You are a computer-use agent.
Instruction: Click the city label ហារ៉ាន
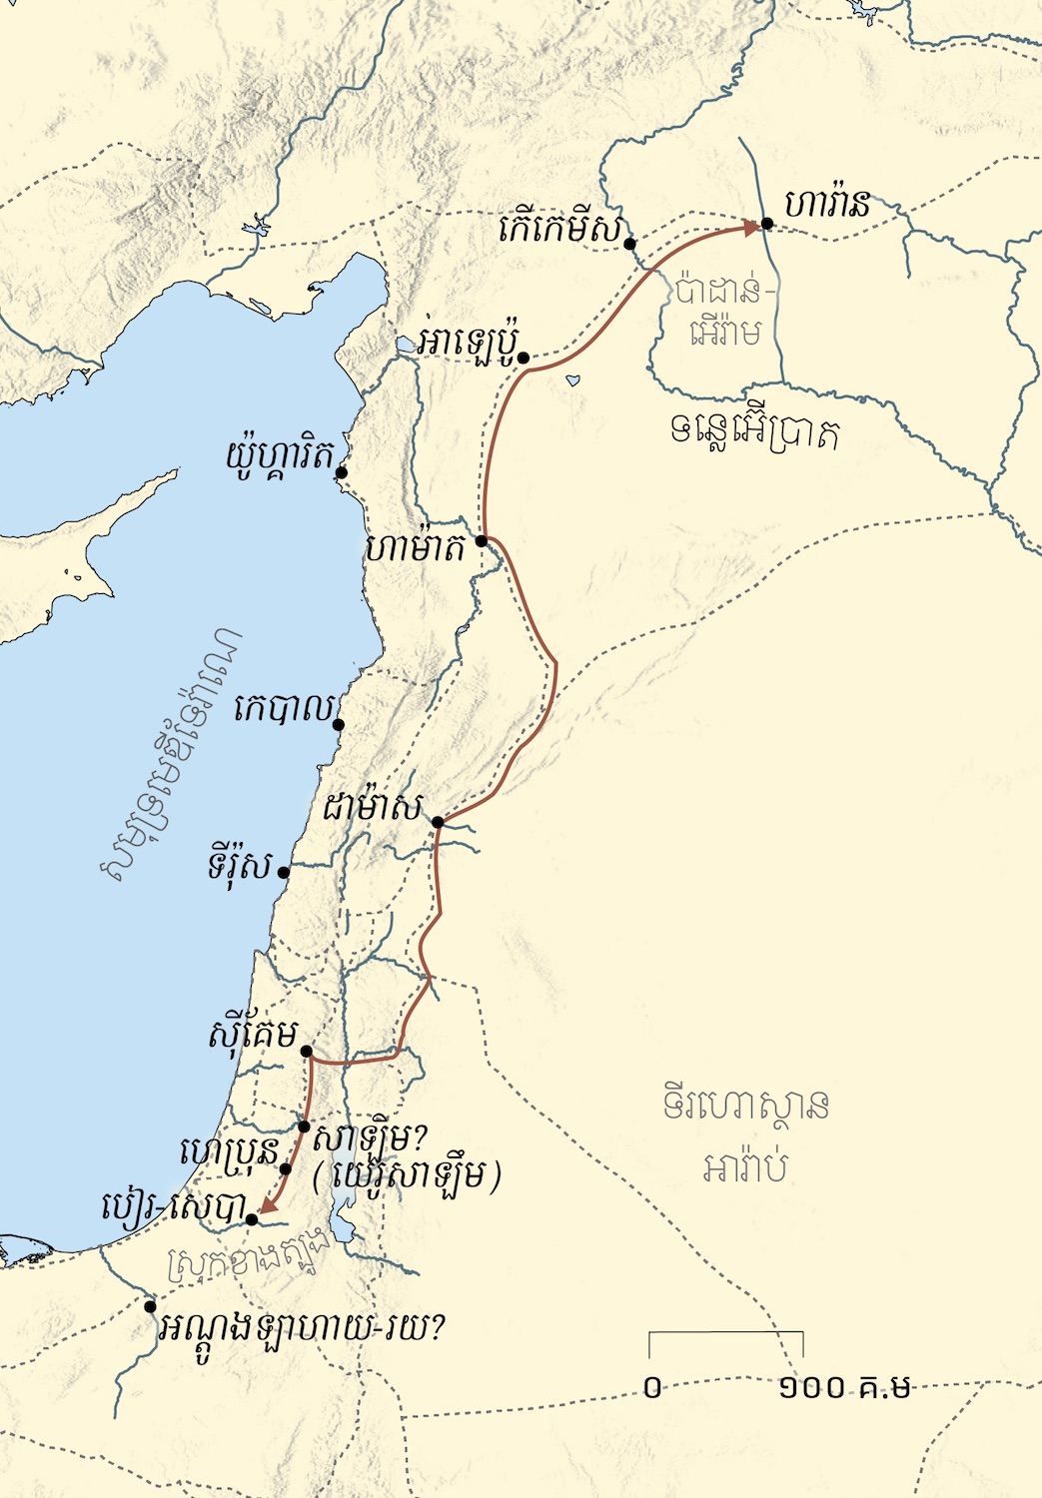(826, 204)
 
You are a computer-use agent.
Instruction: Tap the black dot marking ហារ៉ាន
(766, 224)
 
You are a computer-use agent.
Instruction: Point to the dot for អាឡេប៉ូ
(522, 357)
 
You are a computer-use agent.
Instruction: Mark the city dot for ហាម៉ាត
(481, 540)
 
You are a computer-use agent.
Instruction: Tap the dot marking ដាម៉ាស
(438, 822)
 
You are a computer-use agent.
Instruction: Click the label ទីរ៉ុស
(240, 865)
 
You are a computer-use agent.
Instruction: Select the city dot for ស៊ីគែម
(307, 1052)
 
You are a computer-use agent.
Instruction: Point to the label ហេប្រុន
(228, 1152)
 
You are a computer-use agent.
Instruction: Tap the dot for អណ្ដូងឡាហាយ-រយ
(150, 1306)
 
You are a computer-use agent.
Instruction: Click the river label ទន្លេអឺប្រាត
(754, 432)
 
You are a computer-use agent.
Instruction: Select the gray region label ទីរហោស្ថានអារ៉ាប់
(745, 1135)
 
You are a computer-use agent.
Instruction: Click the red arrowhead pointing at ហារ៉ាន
(751, 229)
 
